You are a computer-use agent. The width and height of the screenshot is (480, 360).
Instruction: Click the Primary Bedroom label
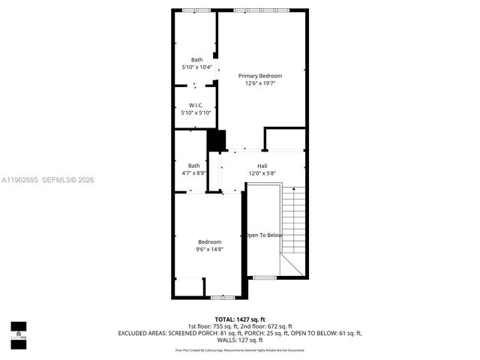click(x=260, y=76)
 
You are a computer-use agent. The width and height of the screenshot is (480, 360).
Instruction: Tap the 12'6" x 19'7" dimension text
click(x=260, y=83)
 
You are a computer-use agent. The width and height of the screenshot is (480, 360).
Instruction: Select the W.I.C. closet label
click(x=196, y=105)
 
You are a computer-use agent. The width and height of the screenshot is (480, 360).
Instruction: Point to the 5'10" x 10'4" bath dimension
click(x=196, y=67)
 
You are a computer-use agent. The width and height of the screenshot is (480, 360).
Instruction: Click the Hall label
click(x=262, y=166)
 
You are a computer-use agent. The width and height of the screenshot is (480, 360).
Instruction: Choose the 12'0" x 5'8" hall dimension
click(x=262, y=173)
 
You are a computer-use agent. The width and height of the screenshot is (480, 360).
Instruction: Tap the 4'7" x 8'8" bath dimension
click(x=194, y=173)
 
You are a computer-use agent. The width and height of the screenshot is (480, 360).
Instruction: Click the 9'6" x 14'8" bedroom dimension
click(x=209, y=249)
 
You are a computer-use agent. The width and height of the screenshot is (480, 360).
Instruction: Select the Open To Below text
click(x=264, y=235)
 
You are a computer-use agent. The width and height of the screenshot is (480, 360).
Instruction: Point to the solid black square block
click(x=216, y=140)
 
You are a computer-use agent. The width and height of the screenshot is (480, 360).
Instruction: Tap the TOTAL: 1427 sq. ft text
click(x=239, y=319)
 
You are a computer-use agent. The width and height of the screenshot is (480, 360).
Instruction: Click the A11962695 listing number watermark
click(x=21, y=179)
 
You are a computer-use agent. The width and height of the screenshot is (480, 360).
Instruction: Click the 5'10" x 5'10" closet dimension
click(x=196, y=112)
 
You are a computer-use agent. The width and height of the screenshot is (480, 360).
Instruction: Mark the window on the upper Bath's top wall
click(x=196, y=10)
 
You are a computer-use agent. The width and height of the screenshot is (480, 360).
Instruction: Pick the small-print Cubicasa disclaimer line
click(x=239, y=349)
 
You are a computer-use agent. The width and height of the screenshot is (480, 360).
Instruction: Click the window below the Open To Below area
click(x=263, y=277)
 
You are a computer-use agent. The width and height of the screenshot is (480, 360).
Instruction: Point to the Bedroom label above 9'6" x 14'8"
click(x=209, y=241)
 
